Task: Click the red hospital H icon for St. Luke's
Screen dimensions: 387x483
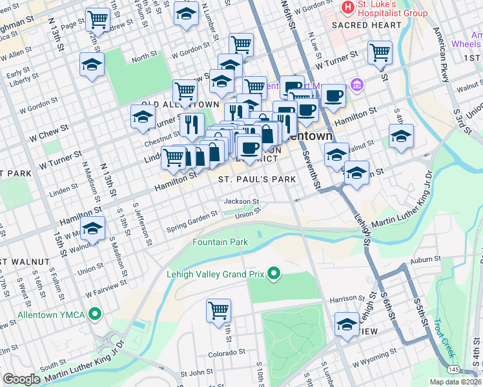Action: [349, 7]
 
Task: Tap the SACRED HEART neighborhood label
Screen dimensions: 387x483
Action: [366, 25]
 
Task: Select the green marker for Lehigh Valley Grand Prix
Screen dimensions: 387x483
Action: [274, 274]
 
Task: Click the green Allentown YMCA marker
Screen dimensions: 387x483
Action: [96, 315]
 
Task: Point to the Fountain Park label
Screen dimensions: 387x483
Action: [220, 242]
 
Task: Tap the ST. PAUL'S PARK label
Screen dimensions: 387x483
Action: [256, 179]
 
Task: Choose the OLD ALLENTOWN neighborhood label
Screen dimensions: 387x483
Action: [172, 104]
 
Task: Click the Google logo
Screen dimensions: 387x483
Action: [22, 379]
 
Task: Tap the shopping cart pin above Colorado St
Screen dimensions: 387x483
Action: [219, 310]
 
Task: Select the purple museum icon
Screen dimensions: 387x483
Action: [356, 85]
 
